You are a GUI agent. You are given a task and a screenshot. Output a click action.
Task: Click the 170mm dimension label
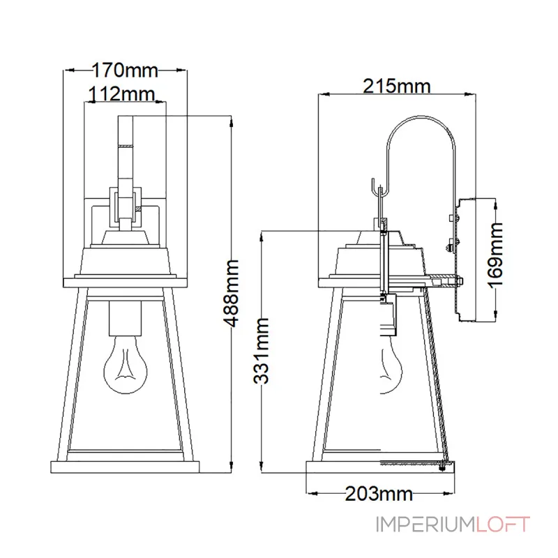[125, 70]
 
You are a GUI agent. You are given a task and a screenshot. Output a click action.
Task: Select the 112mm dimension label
[121, 94]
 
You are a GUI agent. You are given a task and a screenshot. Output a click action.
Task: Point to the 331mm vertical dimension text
[261, 351]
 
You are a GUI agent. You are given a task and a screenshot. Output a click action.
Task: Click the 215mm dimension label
[396, 86]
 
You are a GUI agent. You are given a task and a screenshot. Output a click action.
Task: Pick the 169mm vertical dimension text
[496, 255]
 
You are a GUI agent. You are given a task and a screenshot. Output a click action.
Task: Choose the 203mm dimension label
[379, 494]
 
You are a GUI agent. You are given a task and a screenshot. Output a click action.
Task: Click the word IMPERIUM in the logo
[425, 525]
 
